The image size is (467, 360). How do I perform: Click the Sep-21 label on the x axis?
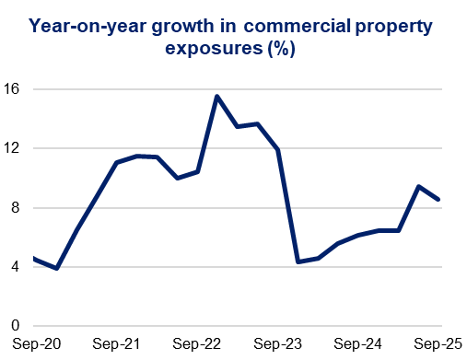click(116, 344)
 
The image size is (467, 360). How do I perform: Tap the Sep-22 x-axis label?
click(195, 344)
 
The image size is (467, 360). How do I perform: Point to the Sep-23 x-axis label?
click(275, 344)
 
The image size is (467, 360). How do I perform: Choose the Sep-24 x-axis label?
click(356, 344)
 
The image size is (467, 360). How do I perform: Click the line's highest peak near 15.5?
click(216, 97)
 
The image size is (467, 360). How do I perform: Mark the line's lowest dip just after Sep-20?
click(57, 268)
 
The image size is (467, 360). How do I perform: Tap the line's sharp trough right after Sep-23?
click(298, 261)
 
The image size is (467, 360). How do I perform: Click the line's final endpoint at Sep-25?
click(439, 199)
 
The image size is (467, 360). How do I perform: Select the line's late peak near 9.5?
click(419, 187)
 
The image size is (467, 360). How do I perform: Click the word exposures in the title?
click(214, 50)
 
